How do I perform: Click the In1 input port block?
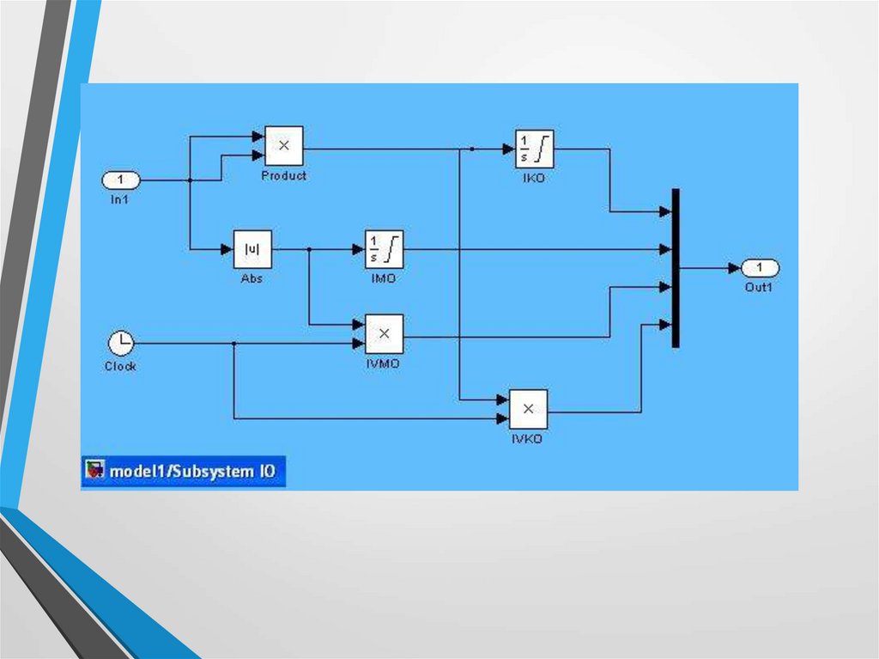click(121, 180)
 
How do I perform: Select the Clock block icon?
click(121, 344)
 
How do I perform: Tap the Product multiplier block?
click(283, 146)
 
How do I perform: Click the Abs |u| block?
click(252, 250)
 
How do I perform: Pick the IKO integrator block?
click(534, 149)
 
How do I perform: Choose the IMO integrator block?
click(384, 250)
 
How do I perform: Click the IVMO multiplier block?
click(384, 333)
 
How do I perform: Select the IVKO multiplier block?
click(528, 409)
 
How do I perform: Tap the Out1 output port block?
click(760, 268)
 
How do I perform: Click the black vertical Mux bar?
click(676, 268)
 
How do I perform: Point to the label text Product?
click(283, 175)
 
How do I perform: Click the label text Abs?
click(252, 278)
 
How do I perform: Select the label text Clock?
click(120, 366)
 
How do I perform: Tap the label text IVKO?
click(527, 439)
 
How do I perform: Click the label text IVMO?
click(383, 363)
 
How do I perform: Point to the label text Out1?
click(759, 288)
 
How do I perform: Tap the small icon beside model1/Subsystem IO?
click(94, 471)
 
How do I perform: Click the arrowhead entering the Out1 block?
click(734, 268)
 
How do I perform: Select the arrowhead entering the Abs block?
click(227, 250)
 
